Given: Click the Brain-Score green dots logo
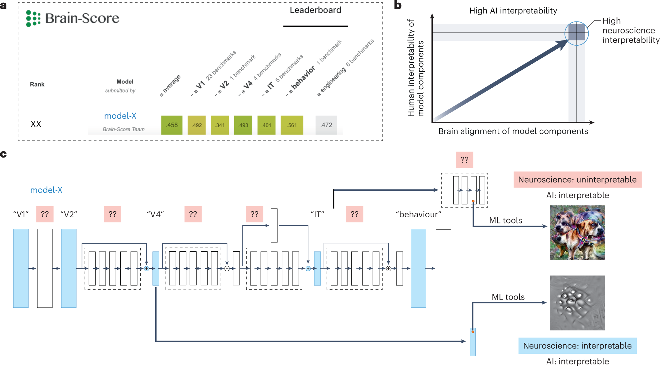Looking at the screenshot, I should point(33,18).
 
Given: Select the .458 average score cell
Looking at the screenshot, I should point(172,125).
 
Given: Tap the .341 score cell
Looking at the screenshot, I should point(220,125).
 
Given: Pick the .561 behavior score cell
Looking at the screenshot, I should point(292,125).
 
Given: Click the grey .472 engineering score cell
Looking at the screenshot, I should point(326,125).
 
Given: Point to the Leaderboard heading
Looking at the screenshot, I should point(315,10).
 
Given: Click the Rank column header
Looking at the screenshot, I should point(37,84).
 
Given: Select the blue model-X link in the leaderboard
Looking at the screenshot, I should point(120,116).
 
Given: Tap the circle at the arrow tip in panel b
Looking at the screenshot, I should point(576,33).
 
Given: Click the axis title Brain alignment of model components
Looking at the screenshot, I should point(513,131).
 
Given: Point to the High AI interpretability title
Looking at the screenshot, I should point(513,11).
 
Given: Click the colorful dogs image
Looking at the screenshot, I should point(577,233).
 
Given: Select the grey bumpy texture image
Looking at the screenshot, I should point(577,303).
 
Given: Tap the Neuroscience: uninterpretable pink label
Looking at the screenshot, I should point(577,180).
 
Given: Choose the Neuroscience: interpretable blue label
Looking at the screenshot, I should point(577,346).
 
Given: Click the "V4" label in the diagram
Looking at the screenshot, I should point(155,214).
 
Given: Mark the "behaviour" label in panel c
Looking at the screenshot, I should point(418,214).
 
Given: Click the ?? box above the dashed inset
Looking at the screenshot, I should point(464,160).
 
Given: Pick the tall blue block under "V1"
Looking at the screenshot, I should point(21,268).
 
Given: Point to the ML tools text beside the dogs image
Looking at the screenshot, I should point(505,220).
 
